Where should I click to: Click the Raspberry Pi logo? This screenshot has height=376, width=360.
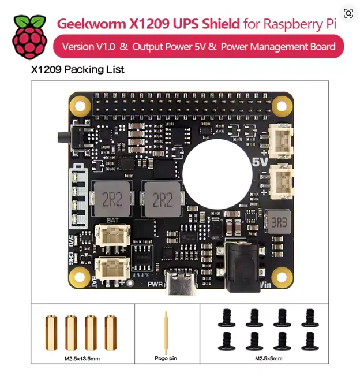coord(29,37)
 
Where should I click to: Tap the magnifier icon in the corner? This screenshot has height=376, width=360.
coord(348,13)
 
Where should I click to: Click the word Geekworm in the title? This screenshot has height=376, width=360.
coord(92,24)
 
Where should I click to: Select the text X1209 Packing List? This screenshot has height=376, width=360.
coord(78,70)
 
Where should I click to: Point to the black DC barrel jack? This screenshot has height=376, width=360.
coord(242,266)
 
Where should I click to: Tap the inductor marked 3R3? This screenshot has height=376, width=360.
coord(279,222)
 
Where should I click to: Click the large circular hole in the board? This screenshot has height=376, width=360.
coord(217,174)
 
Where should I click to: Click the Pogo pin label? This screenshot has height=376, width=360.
coord(166,358)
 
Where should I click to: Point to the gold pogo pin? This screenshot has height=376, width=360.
coord(166,332)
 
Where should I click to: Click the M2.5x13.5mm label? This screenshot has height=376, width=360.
coord(82,359)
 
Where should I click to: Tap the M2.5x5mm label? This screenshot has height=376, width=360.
coord(268,358)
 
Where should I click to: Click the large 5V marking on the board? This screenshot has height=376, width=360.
coord(260,162)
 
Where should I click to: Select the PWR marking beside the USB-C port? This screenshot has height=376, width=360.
coord(155,284)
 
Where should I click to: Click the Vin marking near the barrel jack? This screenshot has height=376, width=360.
coord(266,285)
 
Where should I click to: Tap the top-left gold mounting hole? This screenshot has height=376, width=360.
coord(80,106)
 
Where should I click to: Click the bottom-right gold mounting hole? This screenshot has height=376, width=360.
coord(282,277)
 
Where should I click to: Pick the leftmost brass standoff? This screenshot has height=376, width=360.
coord(51,332)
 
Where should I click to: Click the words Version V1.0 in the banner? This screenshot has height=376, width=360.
coord(89,47)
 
